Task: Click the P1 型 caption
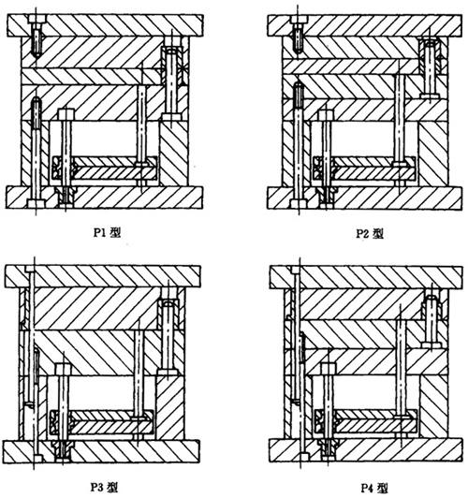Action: pyautogui.click(x=107, y=232)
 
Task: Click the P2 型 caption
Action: pyautogui.click(x=370, y=233)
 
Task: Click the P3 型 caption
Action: pyautogui.click(x=105, y=486)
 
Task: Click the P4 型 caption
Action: pyautogui.click(x=374, y=487)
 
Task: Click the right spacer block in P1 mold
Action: pyautogui.click(x=173, y=154)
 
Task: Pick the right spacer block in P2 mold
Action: pyautogui.click(x=433, y=154)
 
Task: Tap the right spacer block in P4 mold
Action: pyautogui.click(x=434, y=407)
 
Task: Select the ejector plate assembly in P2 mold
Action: pyautogui.click(x=364, y=168)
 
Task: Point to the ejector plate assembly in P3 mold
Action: pyautogui.click(x=102, y=422)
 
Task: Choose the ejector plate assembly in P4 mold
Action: pyautogui.click(x=366, y=421)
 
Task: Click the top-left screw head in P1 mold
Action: pyautogui.click(x=37, y=19)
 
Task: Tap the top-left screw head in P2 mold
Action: pyautogui.click(x=299, y=20)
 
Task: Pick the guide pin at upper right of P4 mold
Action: pyautogui.click(x=431, y=322)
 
